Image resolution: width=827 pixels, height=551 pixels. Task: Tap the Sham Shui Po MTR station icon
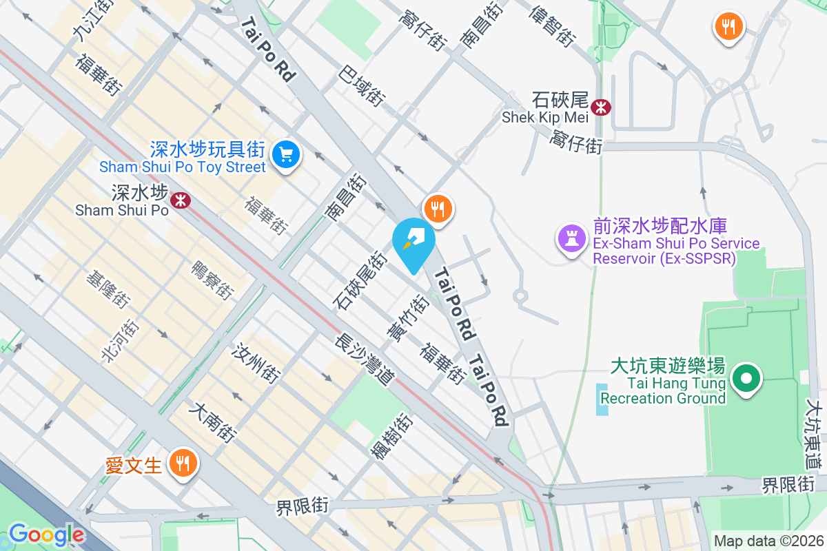pos(181,200)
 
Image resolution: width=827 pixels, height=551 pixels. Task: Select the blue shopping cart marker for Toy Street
pos(285,154)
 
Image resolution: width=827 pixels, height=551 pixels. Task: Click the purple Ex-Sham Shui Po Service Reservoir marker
pos(571,239)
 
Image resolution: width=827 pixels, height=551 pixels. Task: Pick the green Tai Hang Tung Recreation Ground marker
pos(746,378)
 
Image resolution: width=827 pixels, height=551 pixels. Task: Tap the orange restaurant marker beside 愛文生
pos(183,463)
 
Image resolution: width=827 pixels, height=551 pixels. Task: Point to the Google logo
pos(46,534)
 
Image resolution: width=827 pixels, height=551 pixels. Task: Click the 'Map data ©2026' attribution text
pos(768,541)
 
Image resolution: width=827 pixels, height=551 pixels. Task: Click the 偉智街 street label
pos(553,26)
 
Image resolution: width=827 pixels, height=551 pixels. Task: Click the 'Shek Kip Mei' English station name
pos(535,117)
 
